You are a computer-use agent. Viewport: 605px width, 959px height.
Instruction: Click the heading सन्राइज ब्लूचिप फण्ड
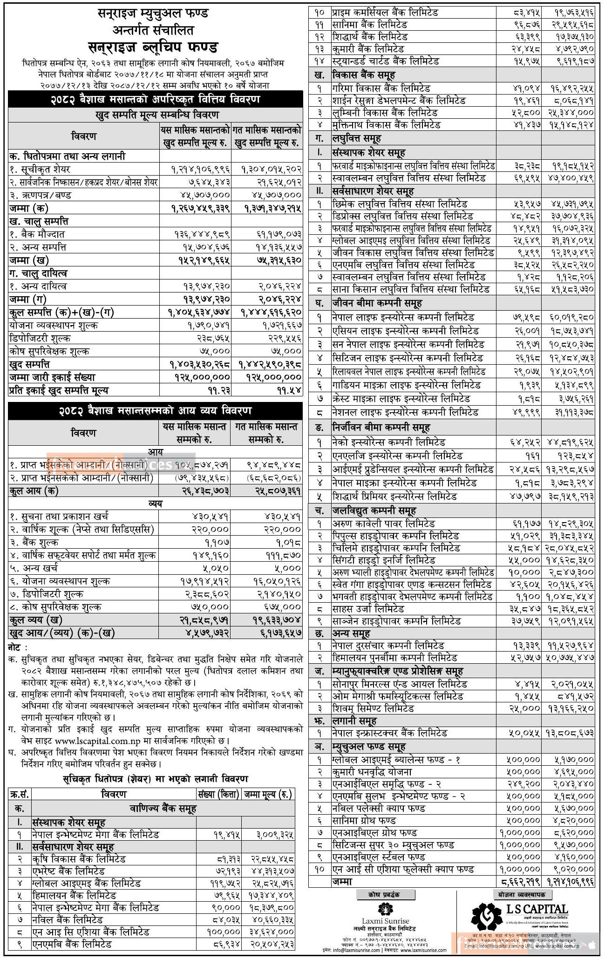(x=155, y=47)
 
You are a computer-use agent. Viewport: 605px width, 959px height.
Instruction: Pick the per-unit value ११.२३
(x=219, y=390)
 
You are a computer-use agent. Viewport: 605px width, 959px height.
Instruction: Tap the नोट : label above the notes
(x=18, y=647)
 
